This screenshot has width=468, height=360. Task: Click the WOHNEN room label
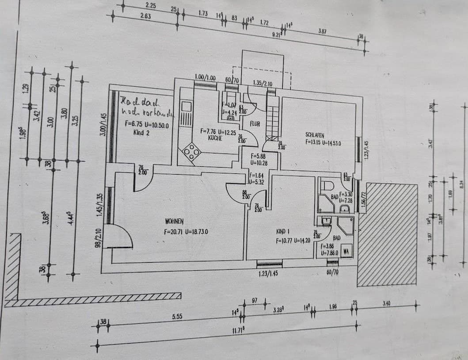click(x=174, y=222)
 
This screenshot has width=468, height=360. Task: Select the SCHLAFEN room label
click(x=315, y=135)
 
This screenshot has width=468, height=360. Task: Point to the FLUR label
click(x=255, y=124)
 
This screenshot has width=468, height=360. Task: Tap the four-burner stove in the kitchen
click(x=192, y=152)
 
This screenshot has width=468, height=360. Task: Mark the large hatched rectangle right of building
click(x=388, y=234)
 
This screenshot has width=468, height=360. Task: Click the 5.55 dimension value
click(x=177, y=317)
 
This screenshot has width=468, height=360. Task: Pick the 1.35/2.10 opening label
click(x=263, y=83)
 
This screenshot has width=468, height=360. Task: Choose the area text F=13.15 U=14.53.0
click(x=323, y=143)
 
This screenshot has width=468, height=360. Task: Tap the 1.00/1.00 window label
click(x=205, y=78)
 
